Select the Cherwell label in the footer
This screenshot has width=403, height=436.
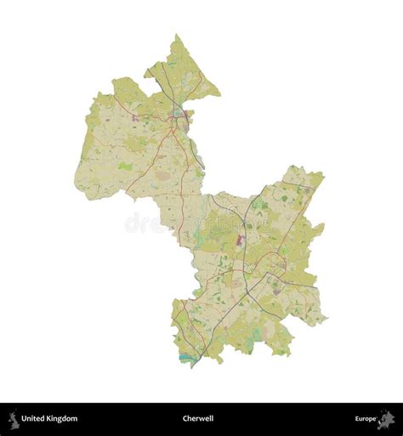coord(198,418)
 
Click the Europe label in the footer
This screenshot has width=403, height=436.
coord(366,418)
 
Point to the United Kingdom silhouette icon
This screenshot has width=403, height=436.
coord(13,418)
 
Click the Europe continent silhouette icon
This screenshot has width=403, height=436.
coord(386,418)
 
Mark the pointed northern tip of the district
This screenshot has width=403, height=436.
coord(177,36)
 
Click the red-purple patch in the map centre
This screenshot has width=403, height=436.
coord(240,240)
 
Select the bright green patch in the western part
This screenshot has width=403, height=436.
coord(126,167)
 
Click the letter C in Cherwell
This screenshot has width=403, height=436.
coord(185,418)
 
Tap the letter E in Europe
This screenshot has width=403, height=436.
coord(358,418)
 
